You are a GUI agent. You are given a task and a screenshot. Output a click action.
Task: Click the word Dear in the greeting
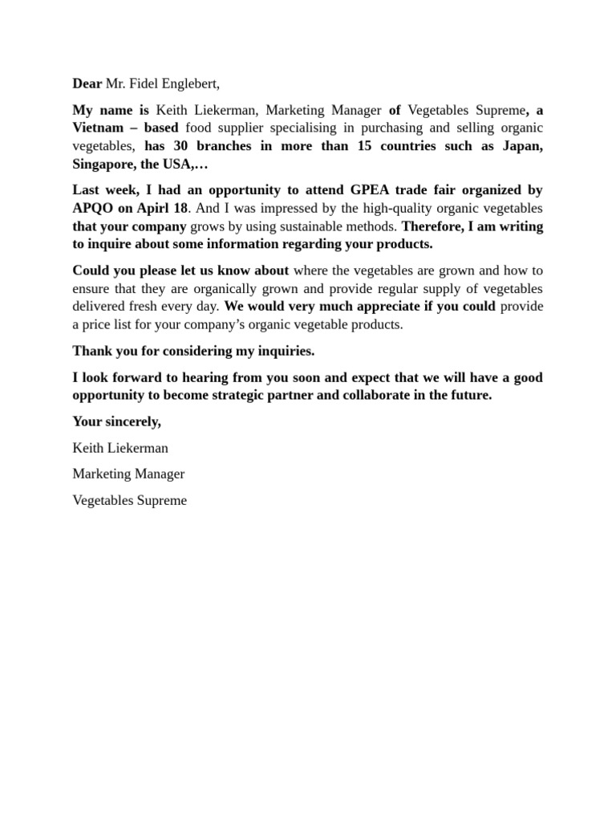[87, 83]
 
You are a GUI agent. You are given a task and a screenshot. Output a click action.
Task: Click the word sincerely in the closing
[132, 421]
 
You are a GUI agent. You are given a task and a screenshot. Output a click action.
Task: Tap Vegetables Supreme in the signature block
[129, 500]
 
